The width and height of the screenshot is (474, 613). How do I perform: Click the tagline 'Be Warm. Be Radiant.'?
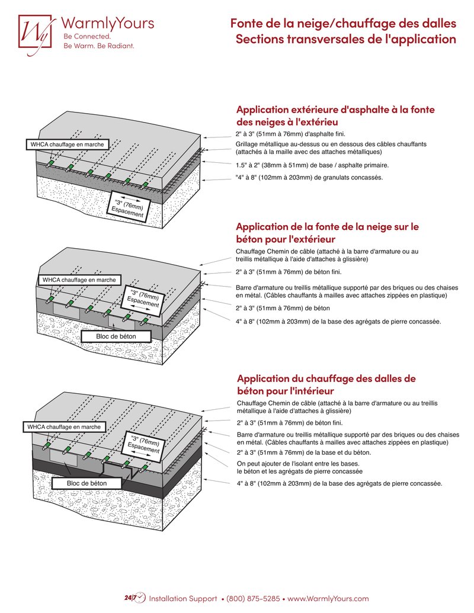(98, 46)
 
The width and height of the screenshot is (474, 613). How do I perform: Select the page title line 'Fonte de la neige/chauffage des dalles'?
(343, 24)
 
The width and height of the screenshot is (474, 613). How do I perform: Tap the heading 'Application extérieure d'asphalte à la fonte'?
(336, 110)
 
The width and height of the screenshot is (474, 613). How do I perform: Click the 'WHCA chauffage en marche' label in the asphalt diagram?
(67, 145)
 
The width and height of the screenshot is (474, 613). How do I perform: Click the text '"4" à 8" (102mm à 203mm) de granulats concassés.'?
(309, 178)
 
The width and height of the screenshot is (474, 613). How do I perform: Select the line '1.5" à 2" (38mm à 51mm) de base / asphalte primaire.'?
(312, 165)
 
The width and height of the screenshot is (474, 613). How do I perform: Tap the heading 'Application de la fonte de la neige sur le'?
(328, 226)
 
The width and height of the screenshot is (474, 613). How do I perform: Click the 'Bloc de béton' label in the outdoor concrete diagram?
(116, 336)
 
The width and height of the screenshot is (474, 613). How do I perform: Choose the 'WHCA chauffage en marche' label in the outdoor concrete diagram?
(79, 280)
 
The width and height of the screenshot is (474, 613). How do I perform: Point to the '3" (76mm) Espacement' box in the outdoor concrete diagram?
(143, 299)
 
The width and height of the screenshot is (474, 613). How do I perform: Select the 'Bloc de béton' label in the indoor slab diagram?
(87, 483)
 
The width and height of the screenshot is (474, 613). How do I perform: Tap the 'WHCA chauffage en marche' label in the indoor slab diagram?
(64, 426)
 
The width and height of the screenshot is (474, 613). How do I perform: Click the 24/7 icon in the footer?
(134, 598)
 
